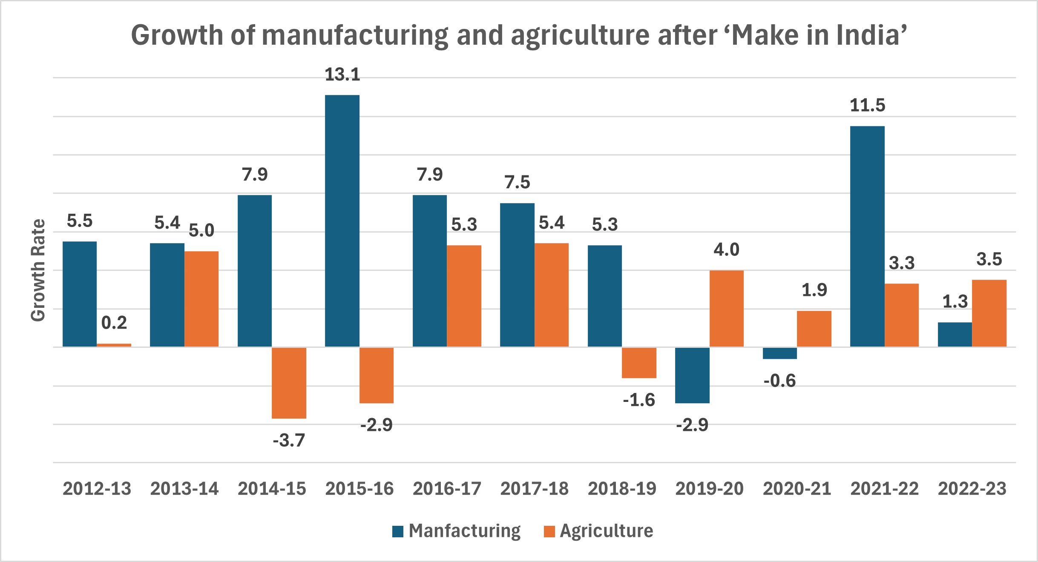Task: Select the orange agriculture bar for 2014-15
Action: (289, 383)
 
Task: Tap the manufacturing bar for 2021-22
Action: (867, 236)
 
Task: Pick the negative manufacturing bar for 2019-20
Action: (692, 375)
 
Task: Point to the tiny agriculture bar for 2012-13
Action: (114, 345)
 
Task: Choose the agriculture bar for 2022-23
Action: (989, 313)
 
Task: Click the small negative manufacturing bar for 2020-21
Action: (779, 353)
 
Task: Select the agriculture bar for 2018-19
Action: (639, 363)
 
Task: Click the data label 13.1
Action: (342, 75)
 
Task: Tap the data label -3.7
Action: (289, 440)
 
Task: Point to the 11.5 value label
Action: (867, 106)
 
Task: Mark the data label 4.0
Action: (726, 249)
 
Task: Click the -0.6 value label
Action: (779, 381)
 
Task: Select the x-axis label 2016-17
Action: (447, 488)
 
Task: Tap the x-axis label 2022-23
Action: (972, 488)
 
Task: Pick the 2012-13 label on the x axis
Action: (97, 488)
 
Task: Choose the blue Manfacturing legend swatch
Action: (398, 532)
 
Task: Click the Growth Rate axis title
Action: (38, 270)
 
